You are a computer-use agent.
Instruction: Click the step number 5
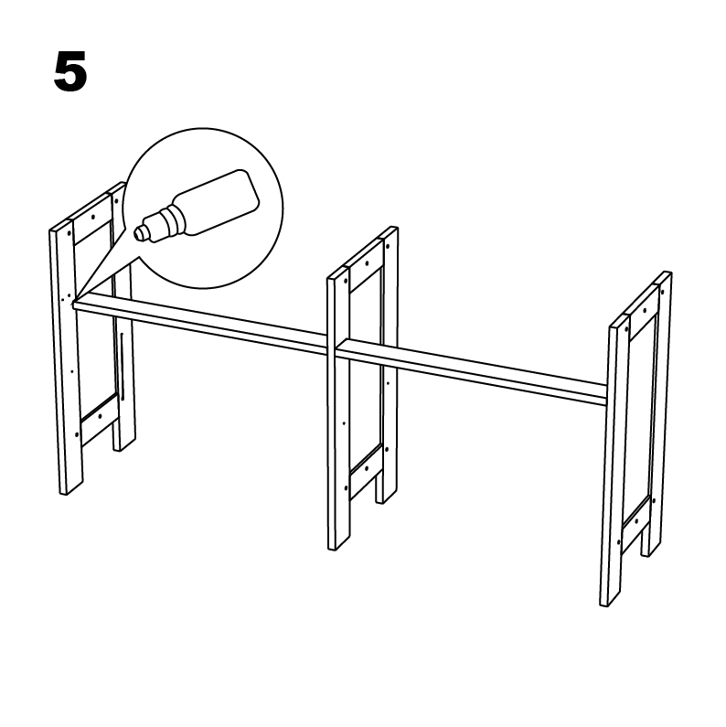pos(70,72)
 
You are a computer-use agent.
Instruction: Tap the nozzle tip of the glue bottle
pos(138,232)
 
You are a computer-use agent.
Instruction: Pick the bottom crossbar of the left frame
pos(100,420)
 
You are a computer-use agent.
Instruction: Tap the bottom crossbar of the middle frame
pos(367,473)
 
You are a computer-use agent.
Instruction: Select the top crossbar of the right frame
pos(642,316)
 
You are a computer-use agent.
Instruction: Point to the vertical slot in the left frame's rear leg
pos(122,367)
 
